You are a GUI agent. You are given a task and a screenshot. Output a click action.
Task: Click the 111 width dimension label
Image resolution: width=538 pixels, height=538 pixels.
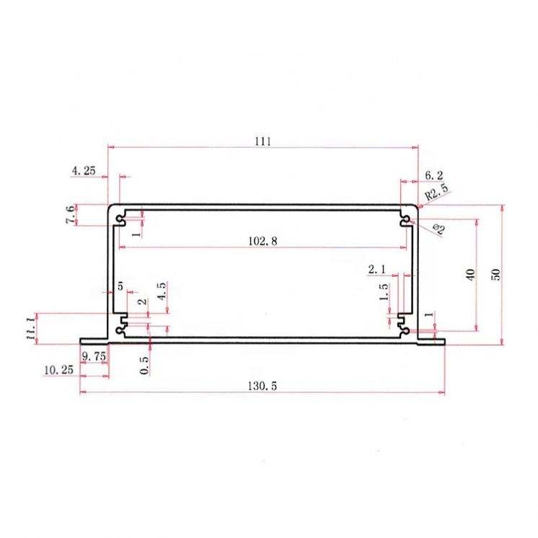[263, 141]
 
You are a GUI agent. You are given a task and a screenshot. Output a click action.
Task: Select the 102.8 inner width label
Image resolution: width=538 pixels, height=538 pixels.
[263, 241]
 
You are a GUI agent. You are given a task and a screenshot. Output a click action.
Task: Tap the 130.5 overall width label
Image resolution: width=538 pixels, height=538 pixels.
[262, 386]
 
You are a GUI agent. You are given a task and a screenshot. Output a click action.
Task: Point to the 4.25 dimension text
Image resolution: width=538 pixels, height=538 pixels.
[84, 170]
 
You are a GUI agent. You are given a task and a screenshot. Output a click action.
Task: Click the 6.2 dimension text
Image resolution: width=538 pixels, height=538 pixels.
[433, 175]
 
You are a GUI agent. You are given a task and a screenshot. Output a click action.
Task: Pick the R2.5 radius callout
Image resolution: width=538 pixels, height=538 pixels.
[436, 193]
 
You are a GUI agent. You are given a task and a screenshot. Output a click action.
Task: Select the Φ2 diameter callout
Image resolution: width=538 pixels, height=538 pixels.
[439, 229]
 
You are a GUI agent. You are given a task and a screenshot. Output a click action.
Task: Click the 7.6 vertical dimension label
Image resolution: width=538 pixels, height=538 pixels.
[70, 214]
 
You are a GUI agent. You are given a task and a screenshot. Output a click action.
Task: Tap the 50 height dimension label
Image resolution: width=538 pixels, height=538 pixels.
[496, 275]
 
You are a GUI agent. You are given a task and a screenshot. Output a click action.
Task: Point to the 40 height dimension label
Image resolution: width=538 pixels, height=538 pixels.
[470, 275]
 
